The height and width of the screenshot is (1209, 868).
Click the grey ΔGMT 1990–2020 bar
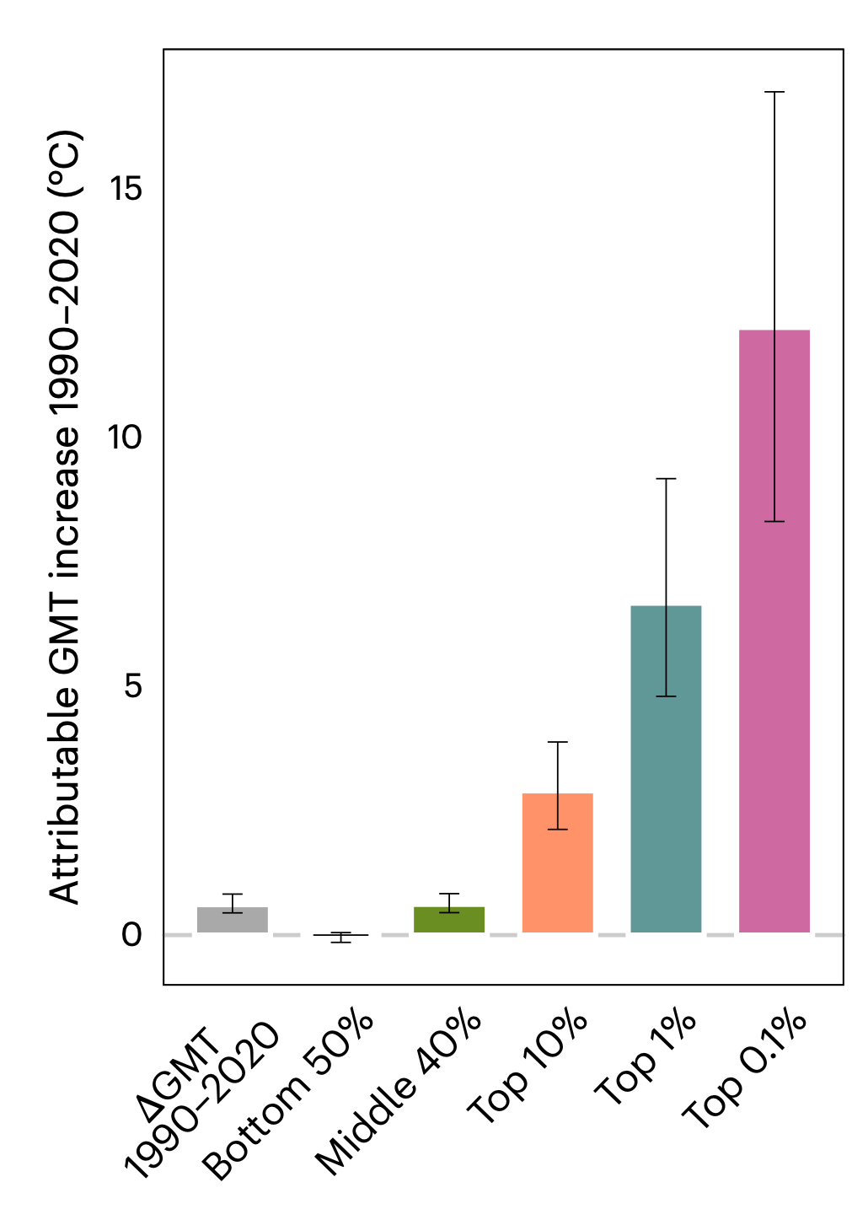click(232, 920)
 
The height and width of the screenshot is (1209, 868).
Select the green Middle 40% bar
click(449, 920)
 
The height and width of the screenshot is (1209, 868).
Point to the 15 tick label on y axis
click(126, 190)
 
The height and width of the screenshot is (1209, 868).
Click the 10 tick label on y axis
click(126, 438)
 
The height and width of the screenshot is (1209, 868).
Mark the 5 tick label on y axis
click(133, 686)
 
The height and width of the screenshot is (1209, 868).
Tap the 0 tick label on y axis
click(131, 935)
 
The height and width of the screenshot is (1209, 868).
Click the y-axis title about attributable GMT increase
click(65, 516)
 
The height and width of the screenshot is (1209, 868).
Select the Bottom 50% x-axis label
click(288, 1095)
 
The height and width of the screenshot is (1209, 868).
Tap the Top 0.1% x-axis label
click(745, 1071)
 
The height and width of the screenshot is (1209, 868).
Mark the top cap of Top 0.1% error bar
click(774, 92)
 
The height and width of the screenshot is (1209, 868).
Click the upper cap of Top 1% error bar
click(666, 479)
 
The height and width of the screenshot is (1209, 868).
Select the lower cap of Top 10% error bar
click(558, 830)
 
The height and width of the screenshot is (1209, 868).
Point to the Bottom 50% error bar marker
click(340, 937)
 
